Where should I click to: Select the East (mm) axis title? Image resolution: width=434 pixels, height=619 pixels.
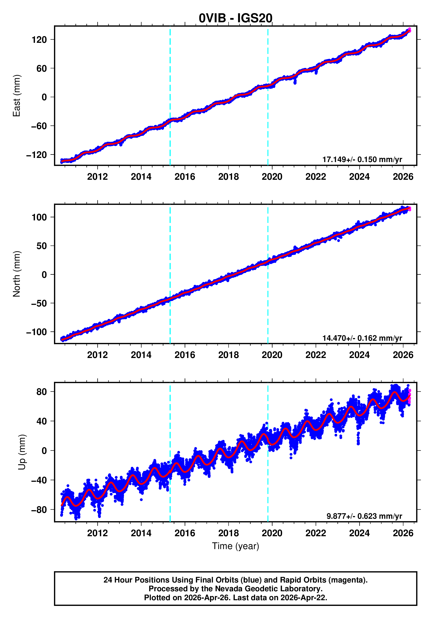tap(17, 96)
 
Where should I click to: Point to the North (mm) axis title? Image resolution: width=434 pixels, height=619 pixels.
tap(17, 274)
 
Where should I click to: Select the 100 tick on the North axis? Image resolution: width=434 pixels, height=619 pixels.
tap(39, 217)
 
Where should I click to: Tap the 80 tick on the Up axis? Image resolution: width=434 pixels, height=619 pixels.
tap(42, 392)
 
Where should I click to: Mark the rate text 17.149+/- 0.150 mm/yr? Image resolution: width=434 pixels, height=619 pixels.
tap(362, 160)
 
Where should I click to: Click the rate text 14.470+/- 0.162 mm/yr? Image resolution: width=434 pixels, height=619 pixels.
tap(362, 338)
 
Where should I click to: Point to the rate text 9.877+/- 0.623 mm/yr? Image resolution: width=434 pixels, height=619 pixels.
tap(364, 516)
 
